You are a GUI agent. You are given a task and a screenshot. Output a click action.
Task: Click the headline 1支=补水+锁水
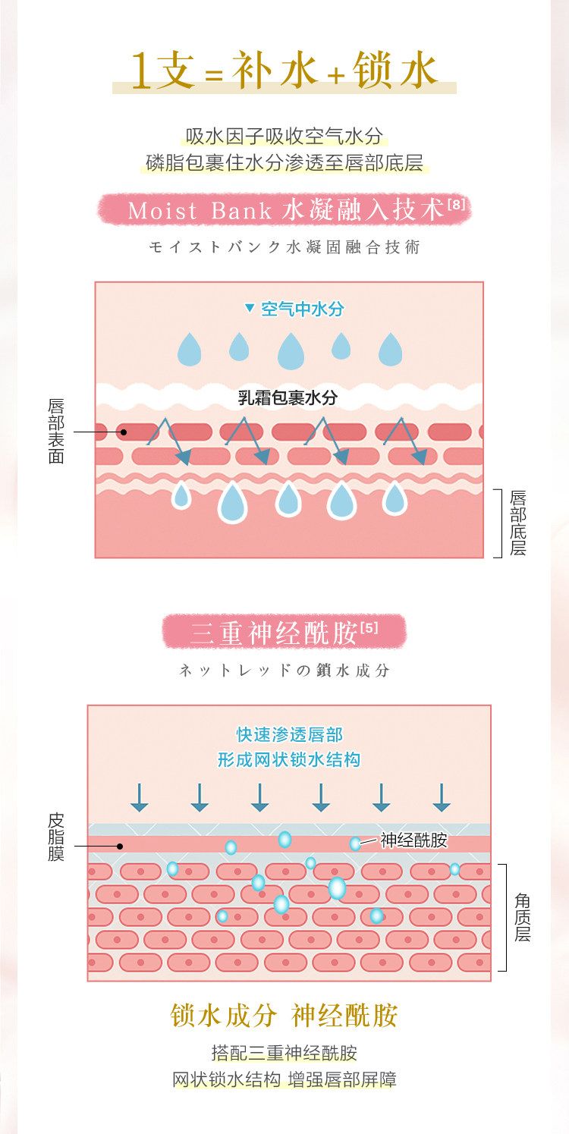[x=284, y=71]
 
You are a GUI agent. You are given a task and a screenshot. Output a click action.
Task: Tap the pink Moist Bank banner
[x=284, y=209]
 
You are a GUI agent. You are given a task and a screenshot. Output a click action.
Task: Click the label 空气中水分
[x=302, y=309]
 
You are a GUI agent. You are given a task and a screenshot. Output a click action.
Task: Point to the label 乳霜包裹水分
[x=288, y=397]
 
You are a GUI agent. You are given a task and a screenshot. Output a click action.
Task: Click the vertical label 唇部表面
[x=56, y=431]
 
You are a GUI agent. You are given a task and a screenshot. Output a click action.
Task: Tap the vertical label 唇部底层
[x=518, y=523]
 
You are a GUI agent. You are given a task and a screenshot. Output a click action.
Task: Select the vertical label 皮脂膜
[x=56, y=837]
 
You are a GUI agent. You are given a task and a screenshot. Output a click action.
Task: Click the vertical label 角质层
[x=523, y=917]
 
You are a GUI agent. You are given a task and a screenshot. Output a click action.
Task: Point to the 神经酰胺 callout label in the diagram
[x=413, y=840]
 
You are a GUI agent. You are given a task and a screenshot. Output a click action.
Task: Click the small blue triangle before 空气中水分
[x=248, y=309]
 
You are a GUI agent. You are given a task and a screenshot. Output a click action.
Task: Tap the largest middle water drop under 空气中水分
[x=291, y=351]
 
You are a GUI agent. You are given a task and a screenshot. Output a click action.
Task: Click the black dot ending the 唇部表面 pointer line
[x=122, y=432]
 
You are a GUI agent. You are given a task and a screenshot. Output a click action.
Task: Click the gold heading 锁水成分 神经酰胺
[x=284, y=1016]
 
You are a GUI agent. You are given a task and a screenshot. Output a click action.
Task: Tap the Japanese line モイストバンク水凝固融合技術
[x=284, y=247]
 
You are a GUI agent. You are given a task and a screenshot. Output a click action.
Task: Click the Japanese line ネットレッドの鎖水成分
[x=284, y=671]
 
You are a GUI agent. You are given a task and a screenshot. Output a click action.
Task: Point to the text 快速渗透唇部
[x=289, y=734]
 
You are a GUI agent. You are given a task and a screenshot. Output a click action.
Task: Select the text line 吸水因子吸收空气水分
[x=284, y=137]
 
